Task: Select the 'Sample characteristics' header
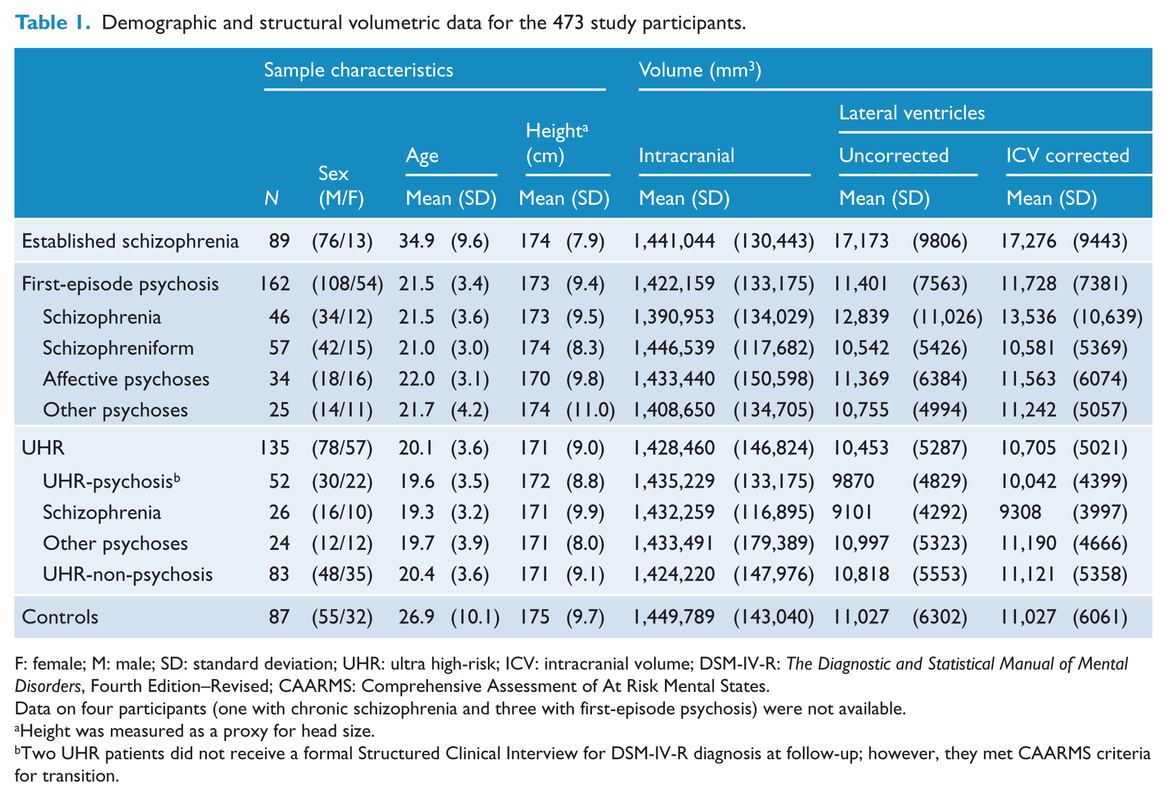358,70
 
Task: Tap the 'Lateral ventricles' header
912,113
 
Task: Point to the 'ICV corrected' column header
1067,156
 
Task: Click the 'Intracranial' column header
686,156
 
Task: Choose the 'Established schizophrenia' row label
130,242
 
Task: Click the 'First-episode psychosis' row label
120,284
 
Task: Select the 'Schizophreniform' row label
118,348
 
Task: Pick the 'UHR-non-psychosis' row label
128,575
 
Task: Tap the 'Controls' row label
60,617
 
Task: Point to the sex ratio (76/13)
343,242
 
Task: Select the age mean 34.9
417,242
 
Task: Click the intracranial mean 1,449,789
674,617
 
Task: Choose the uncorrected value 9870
853,481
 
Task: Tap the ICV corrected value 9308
1021,513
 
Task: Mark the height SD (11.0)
590,410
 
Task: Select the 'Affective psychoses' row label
126,379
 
